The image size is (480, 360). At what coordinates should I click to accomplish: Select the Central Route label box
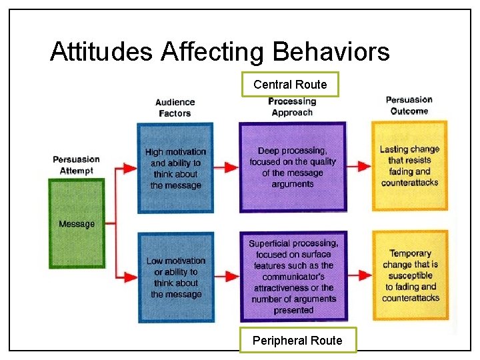[x=290, y=85]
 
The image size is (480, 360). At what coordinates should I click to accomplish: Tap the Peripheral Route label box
[x=297, y=340]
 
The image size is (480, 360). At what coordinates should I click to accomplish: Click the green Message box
[x=77, y=224]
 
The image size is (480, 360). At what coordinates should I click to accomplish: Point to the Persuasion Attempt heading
[x=77, y=165]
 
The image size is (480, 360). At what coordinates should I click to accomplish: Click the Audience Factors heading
[x=175, y=107]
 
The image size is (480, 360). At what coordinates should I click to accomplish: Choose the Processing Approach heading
[x=292, y=107]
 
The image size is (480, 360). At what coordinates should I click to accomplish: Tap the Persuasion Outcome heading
[x=409, y=105]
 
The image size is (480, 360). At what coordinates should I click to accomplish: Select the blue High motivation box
[x=175, y=168]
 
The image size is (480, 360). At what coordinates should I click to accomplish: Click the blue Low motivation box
[x=176, y=277]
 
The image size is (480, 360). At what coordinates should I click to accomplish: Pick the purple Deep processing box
[x=293, y=167]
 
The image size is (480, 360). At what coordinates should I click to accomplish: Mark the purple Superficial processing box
[x=293, y=276]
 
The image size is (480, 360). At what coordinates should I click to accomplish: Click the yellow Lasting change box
[x=409, y=165]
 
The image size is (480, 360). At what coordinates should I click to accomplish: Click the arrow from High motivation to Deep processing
[x=226, y=167]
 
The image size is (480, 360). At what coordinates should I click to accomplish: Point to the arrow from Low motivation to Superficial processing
[x=226, y=274]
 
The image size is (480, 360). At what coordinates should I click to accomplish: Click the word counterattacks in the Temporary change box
[x=411, y=298]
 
